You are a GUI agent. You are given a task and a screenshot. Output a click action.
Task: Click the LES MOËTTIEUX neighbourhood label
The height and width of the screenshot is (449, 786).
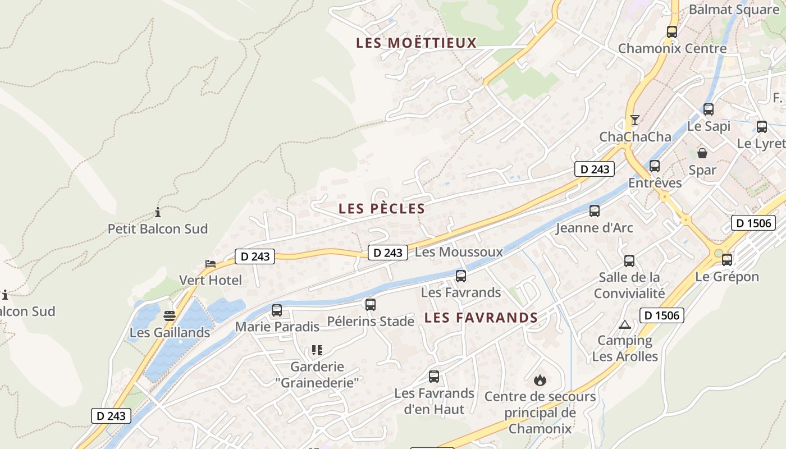coord(416,43)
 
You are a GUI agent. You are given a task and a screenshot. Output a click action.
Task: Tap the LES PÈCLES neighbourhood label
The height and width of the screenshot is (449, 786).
coord(382,209)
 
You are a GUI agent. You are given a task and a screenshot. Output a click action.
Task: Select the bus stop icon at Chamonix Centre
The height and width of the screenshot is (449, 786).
coord(672,32)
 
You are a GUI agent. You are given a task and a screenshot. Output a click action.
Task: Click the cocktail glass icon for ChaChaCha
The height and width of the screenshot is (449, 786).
coord(635,120)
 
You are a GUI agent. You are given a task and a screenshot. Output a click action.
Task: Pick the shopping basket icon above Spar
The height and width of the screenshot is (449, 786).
coord(702,153)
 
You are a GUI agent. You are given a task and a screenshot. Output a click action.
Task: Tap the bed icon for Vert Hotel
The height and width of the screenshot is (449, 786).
coord(211,263)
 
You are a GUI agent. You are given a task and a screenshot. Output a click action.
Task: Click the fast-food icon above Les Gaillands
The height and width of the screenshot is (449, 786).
coord(170,315)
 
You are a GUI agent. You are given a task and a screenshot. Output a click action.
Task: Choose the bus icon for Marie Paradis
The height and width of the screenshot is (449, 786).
coord(277,310)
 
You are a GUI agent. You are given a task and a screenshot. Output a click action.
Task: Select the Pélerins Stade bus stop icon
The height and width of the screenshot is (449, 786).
coord(371,305)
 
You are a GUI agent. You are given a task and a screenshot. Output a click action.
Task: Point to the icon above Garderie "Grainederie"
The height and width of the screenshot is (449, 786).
coord(317,350)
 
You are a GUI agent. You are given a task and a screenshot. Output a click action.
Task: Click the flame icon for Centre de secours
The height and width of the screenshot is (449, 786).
coord(540,380)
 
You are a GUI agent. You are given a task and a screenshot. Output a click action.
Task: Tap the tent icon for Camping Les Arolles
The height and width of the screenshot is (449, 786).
coord(625,324)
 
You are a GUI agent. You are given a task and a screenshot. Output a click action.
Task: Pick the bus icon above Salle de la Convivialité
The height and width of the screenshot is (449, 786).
coord(629,261)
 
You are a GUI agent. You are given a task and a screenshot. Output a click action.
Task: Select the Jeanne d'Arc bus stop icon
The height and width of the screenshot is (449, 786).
coord(595,211)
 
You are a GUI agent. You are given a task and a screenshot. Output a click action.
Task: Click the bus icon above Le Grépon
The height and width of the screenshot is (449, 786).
coord(727,260)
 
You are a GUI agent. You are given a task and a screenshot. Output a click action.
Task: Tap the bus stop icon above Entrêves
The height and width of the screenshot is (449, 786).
coord(655,166)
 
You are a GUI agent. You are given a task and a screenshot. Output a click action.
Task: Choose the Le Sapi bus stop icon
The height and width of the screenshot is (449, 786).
coord(709,109)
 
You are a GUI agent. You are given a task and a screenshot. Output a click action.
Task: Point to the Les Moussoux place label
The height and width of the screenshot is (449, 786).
coord(459,252)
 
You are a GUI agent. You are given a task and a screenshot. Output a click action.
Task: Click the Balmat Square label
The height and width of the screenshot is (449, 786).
coord(734,10)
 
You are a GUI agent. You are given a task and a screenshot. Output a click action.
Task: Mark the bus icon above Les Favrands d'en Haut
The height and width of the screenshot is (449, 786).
coord(434,377)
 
